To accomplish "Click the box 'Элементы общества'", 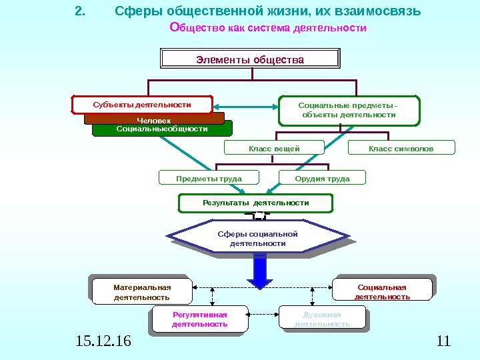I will [x=250, y=60].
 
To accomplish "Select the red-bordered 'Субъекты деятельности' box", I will [x=142, y=105].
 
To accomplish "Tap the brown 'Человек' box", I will [x=154, y=119].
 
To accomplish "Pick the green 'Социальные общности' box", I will [x=162, y=129].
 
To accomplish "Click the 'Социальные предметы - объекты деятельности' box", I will [x=349, y=111].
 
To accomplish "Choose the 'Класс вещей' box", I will [x=274, y=148].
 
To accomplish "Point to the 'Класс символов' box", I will [x=401, y=148].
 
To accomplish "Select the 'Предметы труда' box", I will [x=209, y=178].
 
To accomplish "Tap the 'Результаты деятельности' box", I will [x=256, y=203].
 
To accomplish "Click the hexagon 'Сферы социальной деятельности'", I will [x=257, y=239].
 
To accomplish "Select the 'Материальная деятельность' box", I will [x=142, y=292].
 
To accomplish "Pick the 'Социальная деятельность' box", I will [x=382, y=292].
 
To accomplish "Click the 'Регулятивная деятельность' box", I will [x=200, y=319].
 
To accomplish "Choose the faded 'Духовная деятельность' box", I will [x=323, y=319].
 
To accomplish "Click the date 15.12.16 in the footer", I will [x=104, y=342].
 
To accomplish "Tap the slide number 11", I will [x=443, y=342].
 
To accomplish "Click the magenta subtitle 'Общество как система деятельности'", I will [x=269, y=28].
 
